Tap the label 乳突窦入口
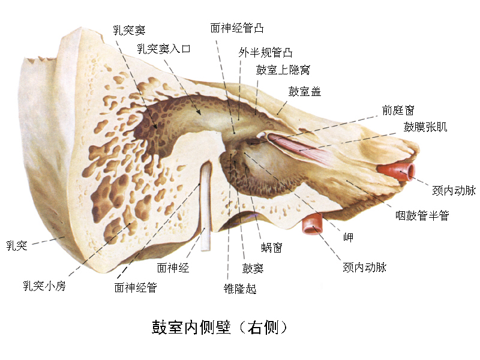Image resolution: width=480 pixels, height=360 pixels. (x=163, y=49)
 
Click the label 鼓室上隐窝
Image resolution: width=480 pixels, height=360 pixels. (x=283, y=71)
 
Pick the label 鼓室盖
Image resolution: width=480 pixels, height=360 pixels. (x=304, y=91)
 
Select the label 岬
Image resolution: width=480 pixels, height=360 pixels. (x=348, y=237)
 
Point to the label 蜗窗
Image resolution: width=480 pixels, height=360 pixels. (x=272, y=247)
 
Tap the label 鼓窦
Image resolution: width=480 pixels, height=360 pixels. (x=253, y=268)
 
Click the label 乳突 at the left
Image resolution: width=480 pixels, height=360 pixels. (x=17, y=245)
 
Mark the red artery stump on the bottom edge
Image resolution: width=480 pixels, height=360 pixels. (x=313, y=224)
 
